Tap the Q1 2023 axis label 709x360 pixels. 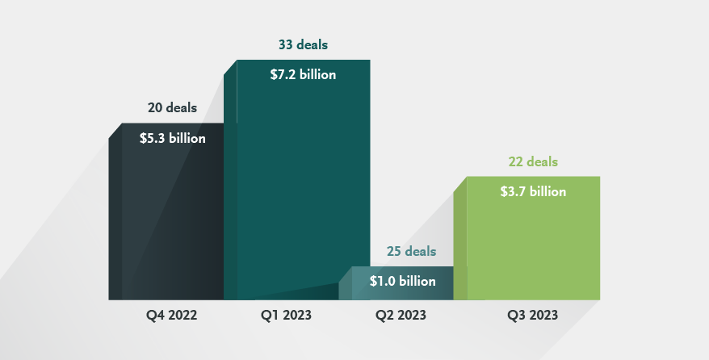(286, 315)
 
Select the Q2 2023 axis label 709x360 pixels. (401, 315)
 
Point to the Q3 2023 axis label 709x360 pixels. (532, 315)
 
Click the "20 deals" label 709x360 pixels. (172, 107)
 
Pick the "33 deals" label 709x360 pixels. (302, 44)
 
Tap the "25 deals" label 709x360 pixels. (411, 252)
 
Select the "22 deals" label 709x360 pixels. (533, 161)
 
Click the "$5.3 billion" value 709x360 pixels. (172, 138)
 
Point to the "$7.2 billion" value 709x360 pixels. (302, 75)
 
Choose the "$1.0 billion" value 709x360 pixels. (402, 282)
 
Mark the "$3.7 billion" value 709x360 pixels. (533, 191)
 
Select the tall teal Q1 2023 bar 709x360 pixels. (303, 186)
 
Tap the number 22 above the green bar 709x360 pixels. (515, 161)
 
